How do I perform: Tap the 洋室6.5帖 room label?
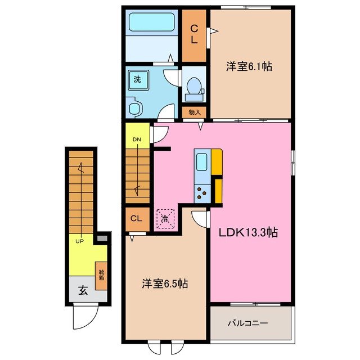coord(164,284)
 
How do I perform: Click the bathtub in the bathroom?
coord(152,24)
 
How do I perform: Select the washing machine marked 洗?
coord(137,80)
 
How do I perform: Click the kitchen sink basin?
coord(201,162)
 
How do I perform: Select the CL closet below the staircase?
coord(137,219)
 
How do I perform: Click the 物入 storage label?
coord(194,112)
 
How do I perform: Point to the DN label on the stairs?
coord(137,140)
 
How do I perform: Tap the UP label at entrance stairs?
coord(81,241)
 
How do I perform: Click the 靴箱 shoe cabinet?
coord(101,276)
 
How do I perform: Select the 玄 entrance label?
coord(83,291)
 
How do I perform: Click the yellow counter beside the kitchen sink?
coord(217,162)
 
